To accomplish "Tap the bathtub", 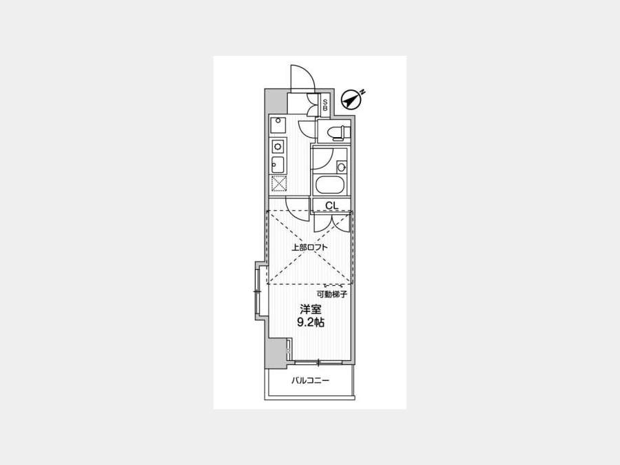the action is coord(330,185).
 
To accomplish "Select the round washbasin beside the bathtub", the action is coord(342,167).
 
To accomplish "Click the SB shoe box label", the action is coord(325,105).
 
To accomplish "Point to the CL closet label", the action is coord(332,205).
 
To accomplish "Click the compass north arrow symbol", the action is coord(351,100).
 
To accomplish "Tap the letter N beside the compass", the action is coord(363,92).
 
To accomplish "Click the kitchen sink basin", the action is coord(278,165).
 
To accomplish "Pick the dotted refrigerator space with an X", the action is coord(279,183).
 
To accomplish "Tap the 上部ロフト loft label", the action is coord(309,248).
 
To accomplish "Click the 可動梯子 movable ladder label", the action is coord(332,295).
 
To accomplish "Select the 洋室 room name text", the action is coord(311,309).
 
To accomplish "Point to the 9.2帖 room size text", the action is coord(311,322).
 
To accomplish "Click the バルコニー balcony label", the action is coord(311,381).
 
